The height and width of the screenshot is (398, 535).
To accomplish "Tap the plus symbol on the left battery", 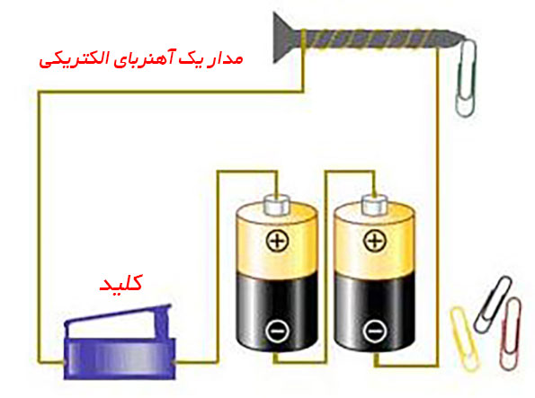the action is tap(277, 241).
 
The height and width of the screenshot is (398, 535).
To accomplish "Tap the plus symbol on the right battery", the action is tap(375, 241).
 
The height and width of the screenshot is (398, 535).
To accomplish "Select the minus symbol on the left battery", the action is tap(277, 330).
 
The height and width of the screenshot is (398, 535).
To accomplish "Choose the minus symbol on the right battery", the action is tap(375, 330).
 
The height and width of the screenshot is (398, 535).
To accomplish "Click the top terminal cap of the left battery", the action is tap(277, 204).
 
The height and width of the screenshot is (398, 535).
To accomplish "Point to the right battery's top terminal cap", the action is tap(375, 204).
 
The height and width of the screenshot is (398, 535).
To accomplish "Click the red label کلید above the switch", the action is tap(120, 284).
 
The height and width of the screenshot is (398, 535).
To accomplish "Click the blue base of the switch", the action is tap(120, 358).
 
